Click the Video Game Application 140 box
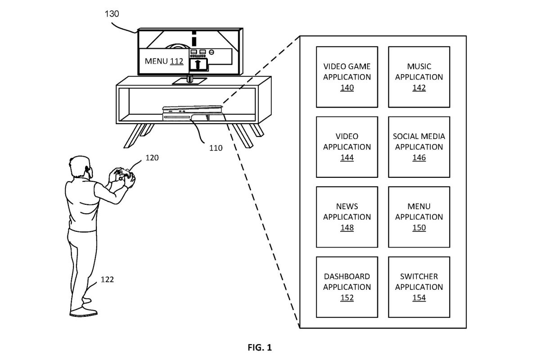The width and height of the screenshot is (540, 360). pos(347,77)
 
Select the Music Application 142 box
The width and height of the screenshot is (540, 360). pos(419,77)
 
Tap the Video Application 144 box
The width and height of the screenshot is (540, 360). pos(347,147)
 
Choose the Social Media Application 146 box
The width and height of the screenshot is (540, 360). pos(419,147)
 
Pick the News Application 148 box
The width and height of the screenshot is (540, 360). pos(347,217)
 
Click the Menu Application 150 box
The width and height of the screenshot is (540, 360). pos(419,217)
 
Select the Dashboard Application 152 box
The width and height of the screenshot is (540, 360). pos(347,287)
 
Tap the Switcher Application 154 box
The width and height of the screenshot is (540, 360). pos(419,287)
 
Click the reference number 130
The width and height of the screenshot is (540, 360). pos(112,14)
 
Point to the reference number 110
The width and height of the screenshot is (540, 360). pos(216,148)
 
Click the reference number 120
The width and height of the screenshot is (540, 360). pos(152,157)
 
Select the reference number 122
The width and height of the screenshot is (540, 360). pos(107,279)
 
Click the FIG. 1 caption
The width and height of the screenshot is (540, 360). pos(260,347)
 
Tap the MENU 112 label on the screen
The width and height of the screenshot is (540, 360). pos(164,61)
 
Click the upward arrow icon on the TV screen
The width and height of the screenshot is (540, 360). pos(198,65)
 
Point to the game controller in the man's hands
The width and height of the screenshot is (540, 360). pos(123,174)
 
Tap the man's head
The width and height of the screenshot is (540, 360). pos(80,167)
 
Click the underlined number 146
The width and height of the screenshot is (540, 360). pos(419,157)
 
